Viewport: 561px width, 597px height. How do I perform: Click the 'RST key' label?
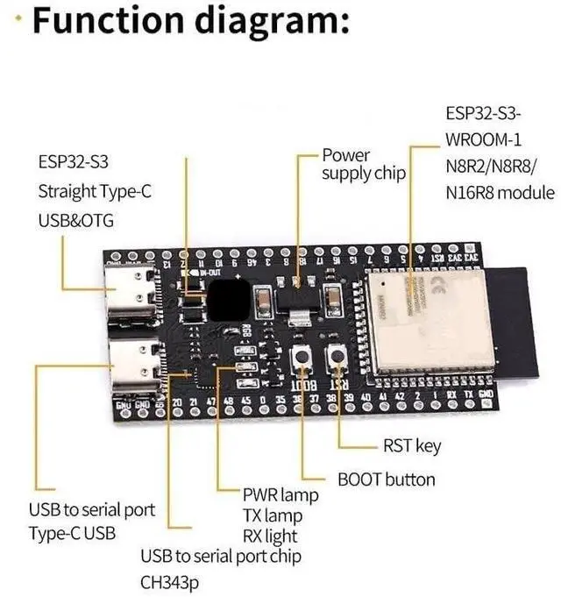coord(412,446)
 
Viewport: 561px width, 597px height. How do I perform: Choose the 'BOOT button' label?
coord(386,480)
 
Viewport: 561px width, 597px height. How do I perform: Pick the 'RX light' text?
coord(270,536)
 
